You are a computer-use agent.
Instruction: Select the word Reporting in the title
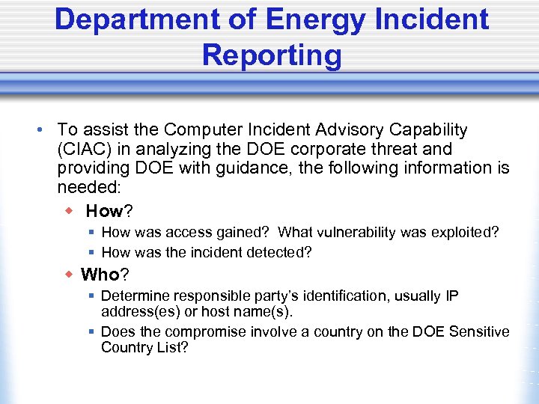pos(271,55)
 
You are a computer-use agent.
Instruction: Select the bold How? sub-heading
pos(109,211)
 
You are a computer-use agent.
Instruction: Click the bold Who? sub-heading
pos(105,275)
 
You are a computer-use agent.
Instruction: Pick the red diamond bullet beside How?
pos(67,211)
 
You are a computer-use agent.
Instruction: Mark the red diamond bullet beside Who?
pos(67,275)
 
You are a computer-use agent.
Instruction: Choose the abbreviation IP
pos(451,296)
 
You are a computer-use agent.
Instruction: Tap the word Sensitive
pos(479,331)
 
